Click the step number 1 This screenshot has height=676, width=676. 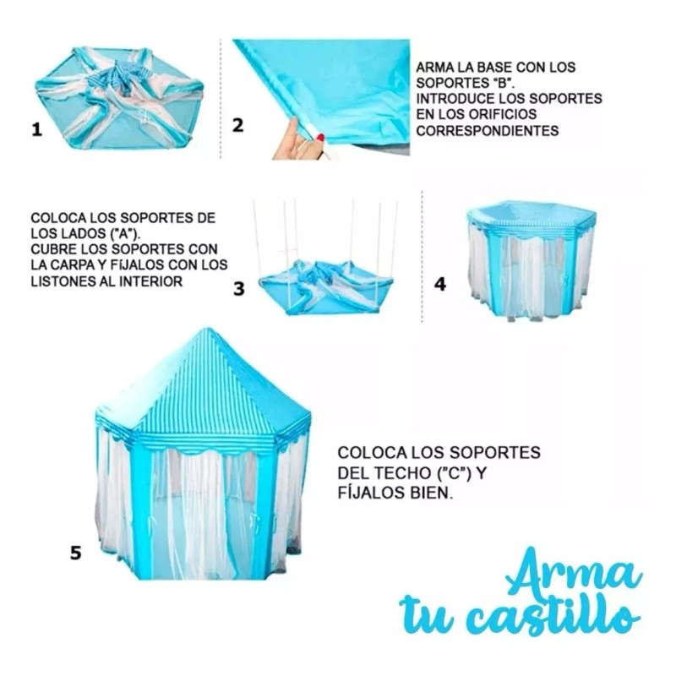[36, 130]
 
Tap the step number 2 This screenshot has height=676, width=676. [237, 125]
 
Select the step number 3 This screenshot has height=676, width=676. [239, 288]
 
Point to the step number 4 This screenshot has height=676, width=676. [439, 283]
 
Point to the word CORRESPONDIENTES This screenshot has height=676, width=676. [488, 131]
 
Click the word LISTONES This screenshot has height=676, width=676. [63, 281]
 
